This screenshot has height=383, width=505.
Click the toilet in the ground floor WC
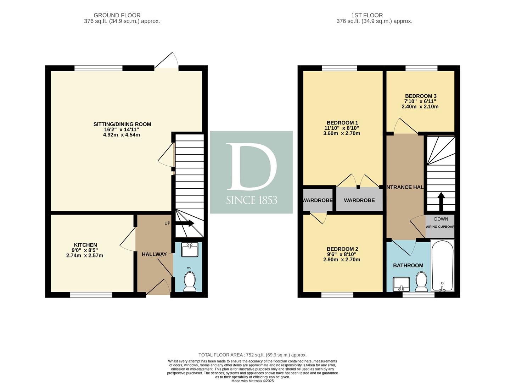click(190, 282)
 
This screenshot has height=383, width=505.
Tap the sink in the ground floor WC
click(190, 250)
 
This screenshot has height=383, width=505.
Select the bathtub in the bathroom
click(442, 266)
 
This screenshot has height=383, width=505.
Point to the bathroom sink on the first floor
click(401, 284)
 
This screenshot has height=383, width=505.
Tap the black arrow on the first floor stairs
click(441, 201)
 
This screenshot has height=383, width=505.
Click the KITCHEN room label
click(85, 245)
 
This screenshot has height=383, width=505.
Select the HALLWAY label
click(154, 254)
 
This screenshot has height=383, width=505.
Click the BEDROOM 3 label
click(421, 96)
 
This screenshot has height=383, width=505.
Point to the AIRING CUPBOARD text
click(440, 227)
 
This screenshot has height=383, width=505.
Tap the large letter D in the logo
click(251, 166)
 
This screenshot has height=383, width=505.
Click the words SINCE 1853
click(252, 200)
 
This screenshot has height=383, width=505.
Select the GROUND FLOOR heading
click(117, 15)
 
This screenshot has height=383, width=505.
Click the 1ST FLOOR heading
click(367, 15)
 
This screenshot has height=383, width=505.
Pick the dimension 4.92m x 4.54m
click(122, 135)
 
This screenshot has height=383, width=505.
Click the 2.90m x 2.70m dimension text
click(342, 260)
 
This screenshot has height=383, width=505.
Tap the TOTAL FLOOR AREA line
click(252, 355)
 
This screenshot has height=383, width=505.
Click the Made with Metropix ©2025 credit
click(252, 381)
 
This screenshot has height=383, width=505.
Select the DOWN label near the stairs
click(441, 219)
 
